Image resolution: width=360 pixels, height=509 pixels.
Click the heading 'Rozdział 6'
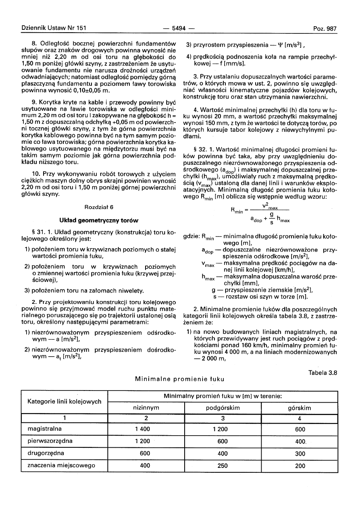coord(99,207)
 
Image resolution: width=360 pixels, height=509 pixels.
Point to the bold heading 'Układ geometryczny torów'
coord(99,220)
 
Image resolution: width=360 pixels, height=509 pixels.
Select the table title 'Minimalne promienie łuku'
coord(179,379)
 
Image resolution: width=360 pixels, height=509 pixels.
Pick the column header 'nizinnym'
coord(146,408)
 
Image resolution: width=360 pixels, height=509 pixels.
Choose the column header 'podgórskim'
coord(223,408)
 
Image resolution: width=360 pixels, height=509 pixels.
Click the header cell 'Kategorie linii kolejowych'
coord(64,402)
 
